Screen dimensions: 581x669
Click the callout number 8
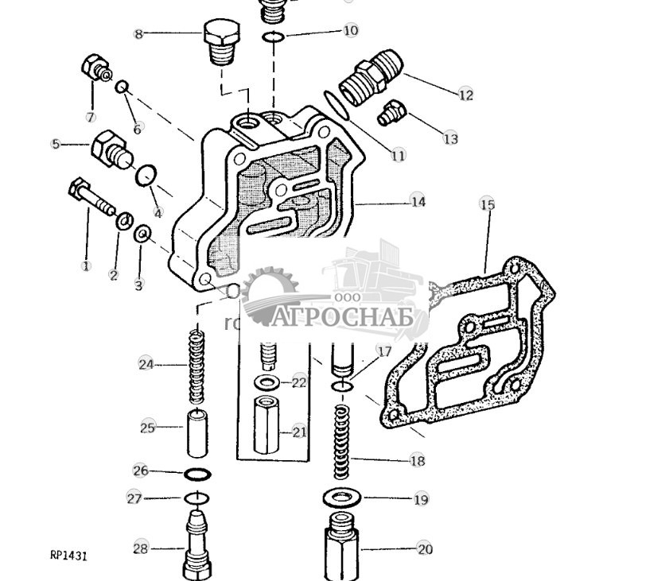138,34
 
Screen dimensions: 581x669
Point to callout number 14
418,202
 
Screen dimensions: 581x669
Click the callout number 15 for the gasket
487,205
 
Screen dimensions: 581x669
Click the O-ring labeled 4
145,175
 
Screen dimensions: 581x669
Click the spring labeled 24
195,367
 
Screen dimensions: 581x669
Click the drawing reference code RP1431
68,556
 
